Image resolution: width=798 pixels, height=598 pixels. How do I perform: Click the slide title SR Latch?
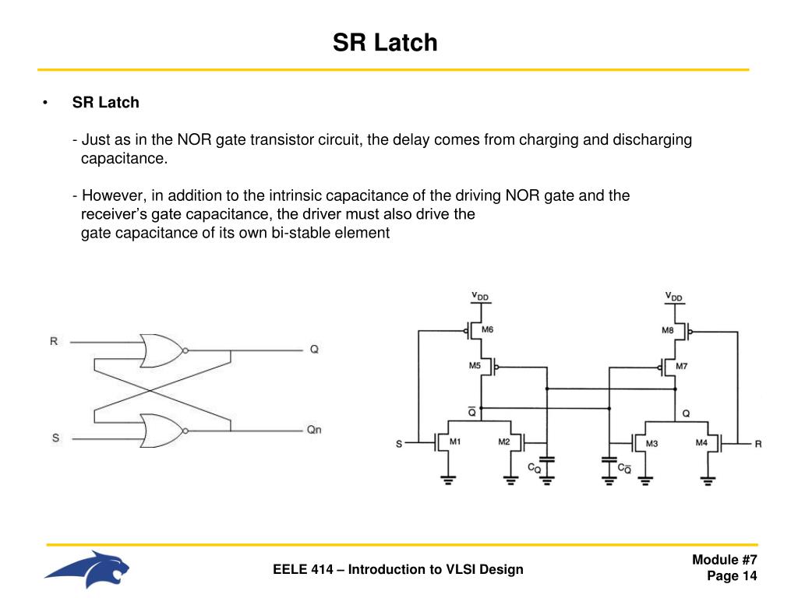385,43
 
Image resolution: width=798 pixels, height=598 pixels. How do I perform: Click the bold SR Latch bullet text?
106,102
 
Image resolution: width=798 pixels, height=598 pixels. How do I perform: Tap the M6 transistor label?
487,329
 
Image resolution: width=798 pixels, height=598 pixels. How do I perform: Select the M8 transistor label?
668,330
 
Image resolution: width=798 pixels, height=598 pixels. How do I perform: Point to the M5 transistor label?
475,364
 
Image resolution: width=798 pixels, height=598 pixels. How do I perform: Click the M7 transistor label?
681,365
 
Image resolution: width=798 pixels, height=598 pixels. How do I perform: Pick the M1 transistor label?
455,442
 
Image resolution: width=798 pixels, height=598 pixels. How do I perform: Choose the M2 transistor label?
504,442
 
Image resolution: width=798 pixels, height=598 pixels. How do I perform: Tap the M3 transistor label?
651,443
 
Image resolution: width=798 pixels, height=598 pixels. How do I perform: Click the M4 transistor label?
701,443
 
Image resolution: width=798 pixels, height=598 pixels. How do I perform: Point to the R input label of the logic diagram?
54,341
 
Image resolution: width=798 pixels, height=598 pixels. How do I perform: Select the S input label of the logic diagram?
55,438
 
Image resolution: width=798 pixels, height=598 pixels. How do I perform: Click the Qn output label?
313,430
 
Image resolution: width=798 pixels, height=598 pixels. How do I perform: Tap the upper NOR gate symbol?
162,351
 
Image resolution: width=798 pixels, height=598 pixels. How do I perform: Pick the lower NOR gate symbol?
162,430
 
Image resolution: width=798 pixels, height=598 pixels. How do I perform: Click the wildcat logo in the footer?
87,569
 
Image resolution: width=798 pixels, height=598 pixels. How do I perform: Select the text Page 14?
732,576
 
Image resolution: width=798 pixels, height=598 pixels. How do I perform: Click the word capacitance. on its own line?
124,159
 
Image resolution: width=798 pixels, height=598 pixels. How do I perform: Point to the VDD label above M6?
479,297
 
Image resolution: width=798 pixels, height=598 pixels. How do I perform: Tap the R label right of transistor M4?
757,444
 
